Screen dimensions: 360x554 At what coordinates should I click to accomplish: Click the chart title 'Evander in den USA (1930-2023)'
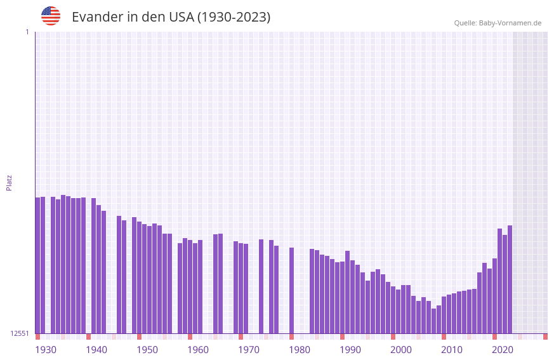click(x=171, y=17)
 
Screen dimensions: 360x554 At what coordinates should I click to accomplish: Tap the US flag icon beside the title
click(x=51, y=16)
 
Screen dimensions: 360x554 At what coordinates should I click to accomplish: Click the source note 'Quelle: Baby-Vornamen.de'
click(x=498, y=23)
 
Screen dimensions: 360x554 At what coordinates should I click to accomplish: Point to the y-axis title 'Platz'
click(x=9, y=183)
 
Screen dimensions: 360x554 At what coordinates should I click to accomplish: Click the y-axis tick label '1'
click(x=27, y=32)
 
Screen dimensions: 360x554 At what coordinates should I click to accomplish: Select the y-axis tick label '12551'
click(x=20, y=333)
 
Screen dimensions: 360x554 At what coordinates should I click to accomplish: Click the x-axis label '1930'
click(x=46, y=350)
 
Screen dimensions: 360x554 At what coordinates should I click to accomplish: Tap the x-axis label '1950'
click(x=147, y=350)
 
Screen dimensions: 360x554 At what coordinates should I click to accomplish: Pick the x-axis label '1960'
click(x=198, y=350)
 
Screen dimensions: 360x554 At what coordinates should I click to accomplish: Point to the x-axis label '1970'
click(x=249, y=350)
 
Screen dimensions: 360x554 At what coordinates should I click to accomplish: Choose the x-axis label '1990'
click(x=350, y=350)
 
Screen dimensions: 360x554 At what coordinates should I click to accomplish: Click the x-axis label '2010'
click(x=452, y=350)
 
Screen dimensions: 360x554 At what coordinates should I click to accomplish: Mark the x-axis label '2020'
click(x=503, y=350)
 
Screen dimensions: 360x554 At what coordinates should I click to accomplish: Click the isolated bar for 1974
click(x=261, y=286)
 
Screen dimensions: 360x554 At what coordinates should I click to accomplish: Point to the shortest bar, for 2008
click(x=433, y=321)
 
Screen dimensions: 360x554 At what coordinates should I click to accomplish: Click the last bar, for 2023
click(x=510, y=279)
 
